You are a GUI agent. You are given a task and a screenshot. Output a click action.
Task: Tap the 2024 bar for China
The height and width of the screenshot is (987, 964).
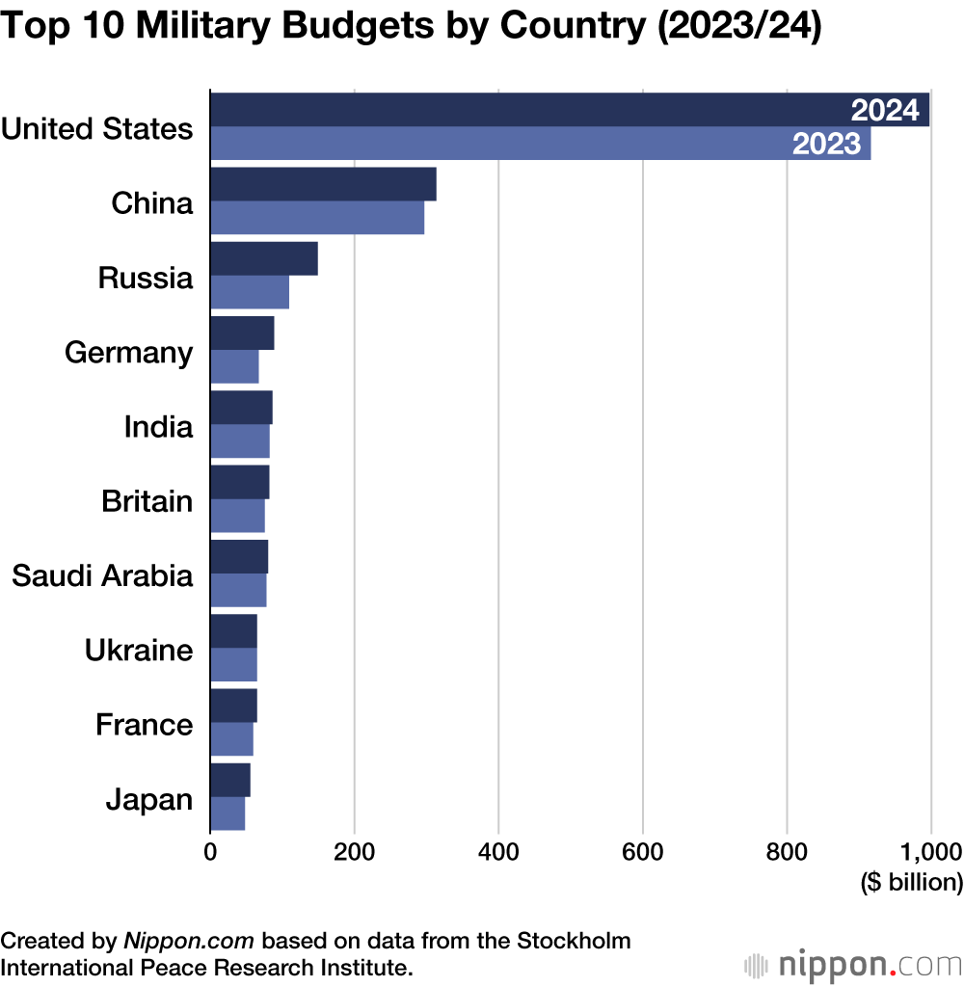tap(323, 184)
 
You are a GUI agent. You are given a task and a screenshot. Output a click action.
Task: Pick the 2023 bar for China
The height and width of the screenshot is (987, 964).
tap(317, 218)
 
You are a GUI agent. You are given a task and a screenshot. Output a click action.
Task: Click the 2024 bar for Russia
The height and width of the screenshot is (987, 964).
tap(263, 258)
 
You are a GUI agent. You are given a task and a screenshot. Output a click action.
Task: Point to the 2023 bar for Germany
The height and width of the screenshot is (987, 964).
tap(234, 367)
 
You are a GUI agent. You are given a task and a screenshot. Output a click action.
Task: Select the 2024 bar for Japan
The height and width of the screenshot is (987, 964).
tap(229, 779)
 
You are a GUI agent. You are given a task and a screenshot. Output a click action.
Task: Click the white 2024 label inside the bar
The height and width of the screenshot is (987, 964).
tap(885, 111)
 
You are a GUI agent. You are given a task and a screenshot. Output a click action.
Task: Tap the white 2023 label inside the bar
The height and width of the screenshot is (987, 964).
tap(825, 145)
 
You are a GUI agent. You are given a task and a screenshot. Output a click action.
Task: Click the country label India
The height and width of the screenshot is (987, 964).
tap(158, 426)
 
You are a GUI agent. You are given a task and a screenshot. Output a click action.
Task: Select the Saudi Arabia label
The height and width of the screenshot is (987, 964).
tap(102, 575)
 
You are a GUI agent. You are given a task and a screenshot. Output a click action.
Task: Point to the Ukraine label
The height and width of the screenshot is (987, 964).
tap(139, 650)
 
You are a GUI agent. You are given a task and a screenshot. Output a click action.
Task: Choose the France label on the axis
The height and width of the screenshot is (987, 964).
tap(145, 724)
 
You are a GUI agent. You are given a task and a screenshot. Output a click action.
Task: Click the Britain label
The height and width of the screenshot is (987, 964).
tap(147, 501)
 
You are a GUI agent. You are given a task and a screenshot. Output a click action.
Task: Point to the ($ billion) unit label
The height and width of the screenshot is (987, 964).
tap(911, 882)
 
